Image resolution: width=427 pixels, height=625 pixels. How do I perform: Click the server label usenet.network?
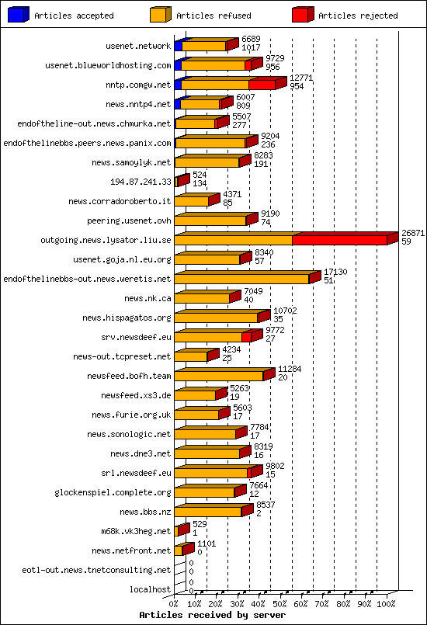point(138,46)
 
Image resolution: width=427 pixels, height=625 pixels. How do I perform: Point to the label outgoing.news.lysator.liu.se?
point(106,240)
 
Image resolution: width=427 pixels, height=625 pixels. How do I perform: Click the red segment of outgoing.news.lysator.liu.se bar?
point(339,240)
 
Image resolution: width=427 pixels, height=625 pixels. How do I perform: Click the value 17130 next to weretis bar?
point(335,272)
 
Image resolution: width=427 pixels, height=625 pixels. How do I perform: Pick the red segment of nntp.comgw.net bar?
point(262,85)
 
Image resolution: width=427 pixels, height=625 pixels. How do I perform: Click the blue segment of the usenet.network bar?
point(178,46)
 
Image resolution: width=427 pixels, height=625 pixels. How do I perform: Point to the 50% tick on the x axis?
point(280,602)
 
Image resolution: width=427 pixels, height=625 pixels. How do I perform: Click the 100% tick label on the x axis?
point(386,602)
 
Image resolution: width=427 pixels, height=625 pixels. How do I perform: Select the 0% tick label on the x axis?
point(174,602)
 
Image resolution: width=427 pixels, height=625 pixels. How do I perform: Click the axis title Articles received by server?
point(212,615)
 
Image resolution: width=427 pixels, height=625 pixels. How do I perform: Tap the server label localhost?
point(150,589)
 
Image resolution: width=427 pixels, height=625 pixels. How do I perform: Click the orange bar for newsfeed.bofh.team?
point(219,376)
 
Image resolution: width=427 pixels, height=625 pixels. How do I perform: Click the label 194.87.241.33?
point(141,182)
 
